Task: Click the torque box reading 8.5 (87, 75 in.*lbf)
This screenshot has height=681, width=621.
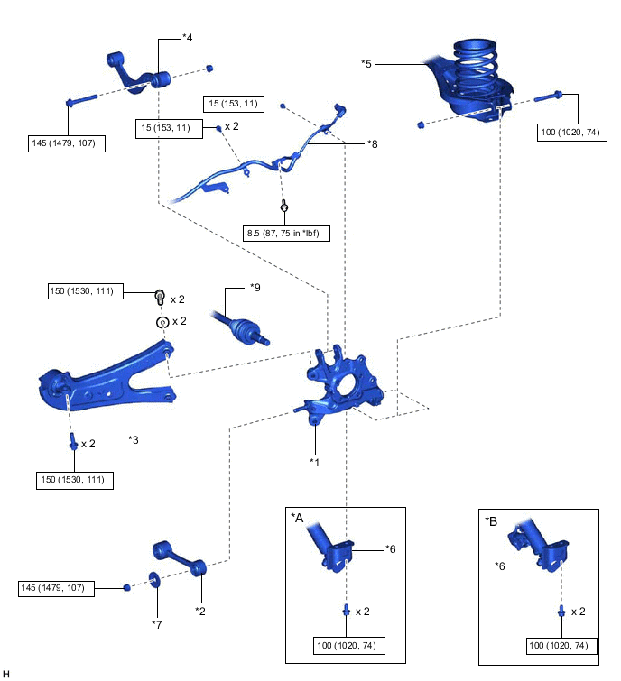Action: pyautogui.click(x=286, y=234)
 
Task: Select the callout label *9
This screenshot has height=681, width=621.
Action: pyautogui.click(x=255, y=288)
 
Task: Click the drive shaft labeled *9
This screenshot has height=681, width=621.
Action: pyautogui.click(x=240, y=328)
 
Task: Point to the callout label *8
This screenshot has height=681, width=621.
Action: pyautogui.click(x=373, y=143)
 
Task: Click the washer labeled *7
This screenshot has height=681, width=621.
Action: pyautogui.click(x=154, y=580)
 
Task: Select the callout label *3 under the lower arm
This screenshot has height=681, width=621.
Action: pyautogui.click(x=134, y=439)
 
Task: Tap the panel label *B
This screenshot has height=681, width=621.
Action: pyautogui.click(x=491, y=521)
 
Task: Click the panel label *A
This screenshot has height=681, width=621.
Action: pyautogui.click(x=297, y=518)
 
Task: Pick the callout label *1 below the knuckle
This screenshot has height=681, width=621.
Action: pyautogui.click(x=314, y=462)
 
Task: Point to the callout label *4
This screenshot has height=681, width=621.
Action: pyautogui.click(x=188, y=38)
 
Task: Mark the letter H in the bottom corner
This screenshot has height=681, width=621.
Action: pyautogui.click(x=6, y=674)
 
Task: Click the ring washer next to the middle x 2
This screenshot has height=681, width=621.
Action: pyautogui.click(x=162, y=322)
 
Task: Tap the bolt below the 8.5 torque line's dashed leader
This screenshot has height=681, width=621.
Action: pyautogui.click(x=284, y=206)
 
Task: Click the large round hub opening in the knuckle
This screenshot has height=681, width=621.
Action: pyautogui.click(x=347, y=383)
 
